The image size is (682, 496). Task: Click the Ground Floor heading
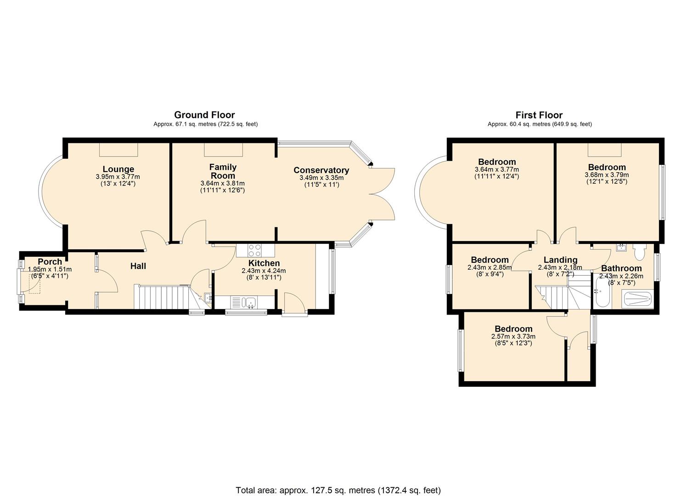(x=204, y=115)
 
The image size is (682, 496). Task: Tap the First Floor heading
(x=539, y=115)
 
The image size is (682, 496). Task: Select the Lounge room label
(x=118, y=169)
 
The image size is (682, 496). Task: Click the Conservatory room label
(x=321, y=170)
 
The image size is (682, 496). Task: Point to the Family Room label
(x=223, y=171)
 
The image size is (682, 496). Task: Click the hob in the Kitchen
(x=255, y=250)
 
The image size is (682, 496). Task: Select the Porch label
(x=50, y=262)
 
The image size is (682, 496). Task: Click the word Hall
(x=138, y=266)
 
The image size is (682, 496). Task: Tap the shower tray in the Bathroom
(x=637, y=299)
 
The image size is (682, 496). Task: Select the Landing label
(x=560, y=260)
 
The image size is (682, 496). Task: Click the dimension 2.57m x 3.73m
(x=513, y=337)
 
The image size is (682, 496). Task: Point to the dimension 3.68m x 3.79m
(x=606, y=175)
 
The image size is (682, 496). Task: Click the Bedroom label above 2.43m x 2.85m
(x=490, y=260)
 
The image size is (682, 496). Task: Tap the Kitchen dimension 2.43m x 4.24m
(x=264, y=271)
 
